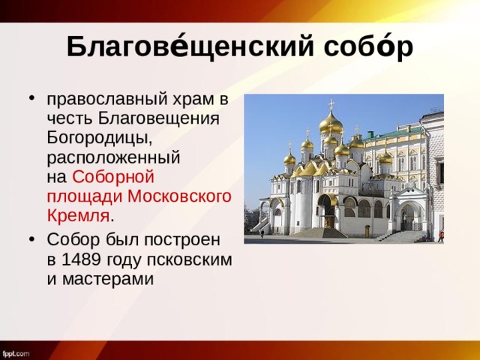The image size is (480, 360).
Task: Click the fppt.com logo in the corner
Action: pyautogui.click(x=16, y=352)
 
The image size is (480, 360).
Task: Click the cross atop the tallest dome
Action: pyautogui.click(x=331, y=103)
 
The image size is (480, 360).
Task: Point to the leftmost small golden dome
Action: pyautogui.click(x=289, y=158)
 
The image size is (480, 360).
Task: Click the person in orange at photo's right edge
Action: pyautogui.click(x=441, y=236)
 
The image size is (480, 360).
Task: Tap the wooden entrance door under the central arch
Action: pyautogui.click(x=328, y=221)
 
